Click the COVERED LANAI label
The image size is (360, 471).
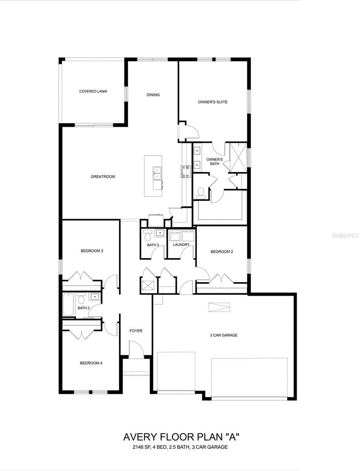[x=93, y=91]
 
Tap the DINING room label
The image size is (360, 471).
[x=153, y=95]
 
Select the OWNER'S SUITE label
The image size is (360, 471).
[x=213, y=102]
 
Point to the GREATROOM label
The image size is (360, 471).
[x=103, y=177]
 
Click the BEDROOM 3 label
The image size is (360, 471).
[x=92, y=250]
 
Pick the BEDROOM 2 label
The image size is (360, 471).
[x=222, y=252]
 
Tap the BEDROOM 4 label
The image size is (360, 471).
[x=91, y=363]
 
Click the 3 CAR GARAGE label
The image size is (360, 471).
[x=224, y=335]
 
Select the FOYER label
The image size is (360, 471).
[x=136, y=331]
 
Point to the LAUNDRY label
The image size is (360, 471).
[x=181, y=245]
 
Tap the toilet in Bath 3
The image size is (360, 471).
[x=148, y=236]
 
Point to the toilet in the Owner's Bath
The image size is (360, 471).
[x=201, y=192]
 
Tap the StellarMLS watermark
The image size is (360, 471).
[x=345, y=236]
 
